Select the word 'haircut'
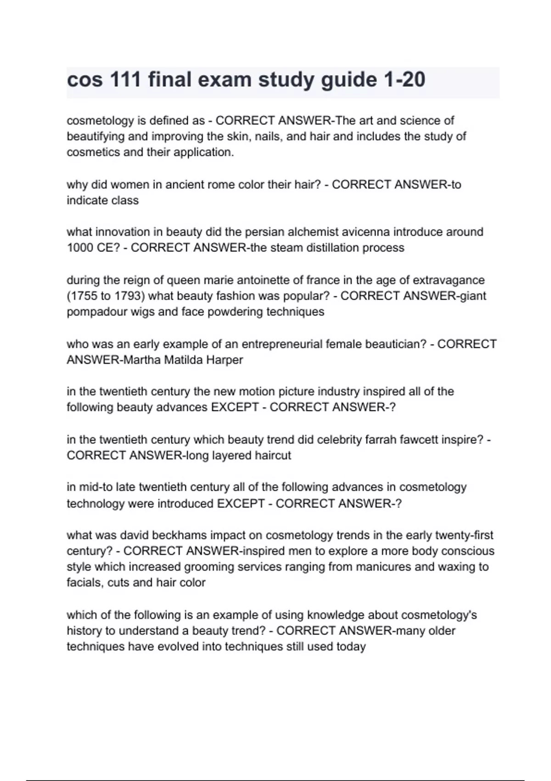click(x=271, y=456)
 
